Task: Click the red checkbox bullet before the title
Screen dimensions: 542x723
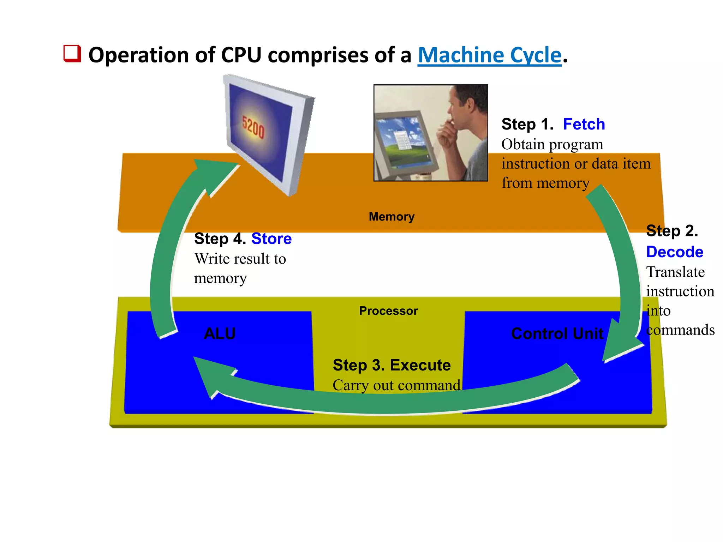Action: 72,54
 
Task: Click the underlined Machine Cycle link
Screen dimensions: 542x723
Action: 489,55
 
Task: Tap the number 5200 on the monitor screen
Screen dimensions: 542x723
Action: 253,127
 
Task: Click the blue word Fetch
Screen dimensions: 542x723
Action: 584,124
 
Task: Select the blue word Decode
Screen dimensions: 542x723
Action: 674,252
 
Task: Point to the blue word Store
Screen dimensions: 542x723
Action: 271,239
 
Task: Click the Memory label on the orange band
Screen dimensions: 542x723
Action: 391,217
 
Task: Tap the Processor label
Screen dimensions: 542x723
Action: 388,311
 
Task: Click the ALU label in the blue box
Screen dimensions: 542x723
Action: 220,333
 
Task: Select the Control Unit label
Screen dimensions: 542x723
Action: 557,333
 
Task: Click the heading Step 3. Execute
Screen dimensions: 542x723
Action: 392,365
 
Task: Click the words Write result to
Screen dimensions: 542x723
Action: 240,259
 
